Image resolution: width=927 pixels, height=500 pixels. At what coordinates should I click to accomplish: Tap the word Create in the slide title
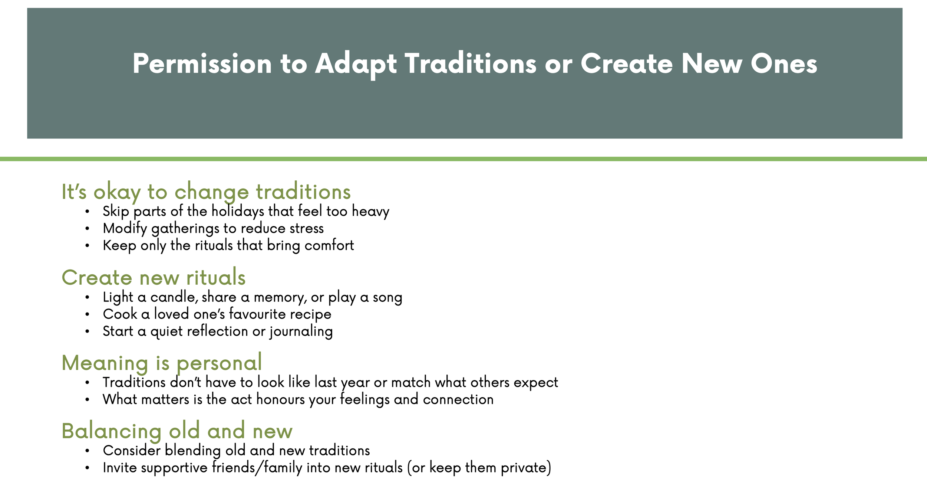pos(626,63)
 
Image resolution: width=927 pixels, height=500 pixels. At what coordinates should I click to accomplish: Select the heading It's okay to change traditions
pos(206,192)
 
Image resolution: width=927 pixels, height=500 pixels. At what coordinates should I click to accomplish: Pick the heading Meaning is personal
pos(162,363)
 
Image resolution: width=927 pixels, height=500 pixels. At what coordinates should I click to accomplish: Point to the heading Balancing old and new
pos(177,431)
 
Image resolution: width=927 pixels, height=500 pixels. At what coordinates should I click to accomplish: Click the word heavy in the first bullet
pos(370,212)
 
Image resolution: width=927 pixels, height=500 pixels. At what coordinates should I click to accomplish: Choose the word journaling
pos(301,331)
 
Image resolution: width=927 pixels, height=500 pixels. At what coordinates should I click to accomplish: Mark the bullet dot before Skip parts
pos(87,212)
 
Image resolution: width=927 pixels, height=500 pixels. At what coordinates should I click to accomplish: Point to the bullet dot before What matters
pos(87,400)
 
